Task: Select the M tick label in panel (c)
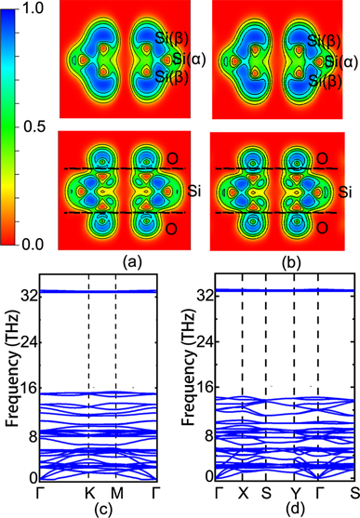click(x=115, y=490)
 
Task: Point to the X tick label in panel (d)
click(x=242, y=490)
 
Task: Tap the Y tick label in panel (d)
click(x=293, y=490)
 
